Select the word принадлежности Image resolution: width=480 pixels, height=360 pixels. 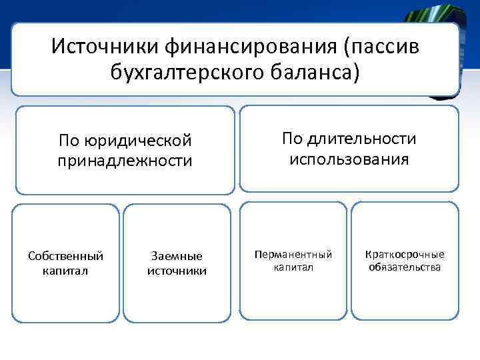point(125,161)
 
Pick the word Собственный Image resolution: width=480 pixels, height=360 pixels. point(65,256)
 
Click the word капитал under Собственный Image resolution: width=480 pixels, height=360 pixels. point(65,271)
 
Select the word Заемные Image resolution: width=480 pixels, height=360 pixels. point(177,256)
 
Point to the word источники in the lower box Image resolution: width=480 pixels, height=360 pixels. point(177,271)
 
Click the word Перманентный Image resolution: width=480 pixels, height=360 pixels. point(293,255)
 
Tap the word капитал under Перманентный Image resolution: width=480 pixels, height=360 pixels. point(293,267)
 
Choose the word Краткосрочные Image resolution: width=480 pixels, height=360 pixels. point(405,255)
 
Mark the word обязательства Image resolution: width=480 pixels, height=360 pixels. point(405,267)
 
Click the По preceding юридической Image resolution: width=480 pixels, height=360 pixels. point(69,141)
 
